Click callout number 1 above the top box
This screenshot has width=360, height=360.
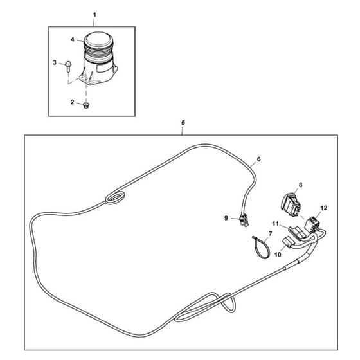click(94, 15)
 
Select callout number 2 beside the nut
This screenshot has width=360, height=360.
click(72, 102)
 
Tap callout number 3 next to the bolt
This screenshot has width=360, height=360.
click(55, 62)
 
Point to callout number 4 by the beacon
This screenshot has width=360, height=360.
click(73, 40)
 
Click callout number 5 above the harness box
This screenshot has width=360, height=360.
click(183, 123)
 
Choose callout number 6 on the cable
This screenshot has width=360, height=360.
click(258, 159)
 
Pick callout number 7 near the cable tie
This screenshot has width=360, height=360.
click(270, 234)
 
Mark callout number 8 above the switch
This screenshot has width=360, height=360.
click(301, 185)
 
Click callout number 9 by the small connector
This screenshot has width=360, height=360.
click(226, 218)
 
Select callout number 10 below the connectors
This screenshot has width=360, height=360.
click(278, 255)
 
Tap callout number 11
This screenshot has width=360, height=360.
click(276, 224)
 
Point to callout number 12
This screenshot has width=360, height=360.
click(324, 208)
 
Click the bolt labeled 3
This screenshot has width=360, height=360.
click(68, 67)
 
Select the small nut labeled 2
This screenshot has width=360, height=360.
click(86, 105)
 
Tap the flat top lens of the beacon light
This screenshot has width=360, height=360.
click(99, 41)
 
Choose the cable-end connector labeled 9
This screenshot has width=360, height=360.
click(244, 221)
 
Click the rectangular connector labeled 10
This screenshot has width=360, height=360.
click(287, 243)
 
